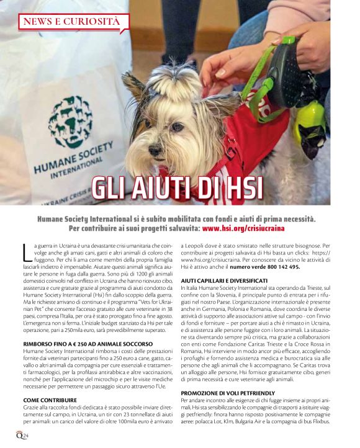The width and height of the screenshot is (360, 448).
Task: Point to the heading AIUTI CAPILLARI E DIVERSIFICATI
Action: [224, 281]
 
